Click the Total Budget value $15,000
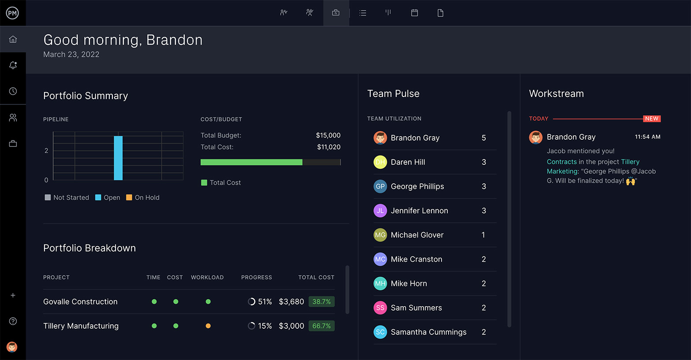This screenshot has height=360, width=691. coord(328,135)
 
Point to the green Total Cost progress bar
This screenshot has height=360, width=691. coord(251,162)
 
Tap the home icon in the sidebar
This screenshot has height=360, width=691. coord(13,39)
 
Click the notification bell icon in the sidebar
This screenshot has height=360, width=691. coord(13,65)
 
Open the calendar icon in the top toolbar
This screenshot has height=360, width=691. coord(414,13)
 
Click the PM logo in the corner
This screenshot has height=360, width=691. coord(12,13)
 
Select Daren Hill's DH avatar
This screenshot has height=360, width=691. coord(380,162)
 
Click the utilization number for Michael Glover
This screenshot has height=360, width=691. coord(483,235)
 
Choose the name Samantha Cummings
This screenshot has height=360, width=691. coord(428,332)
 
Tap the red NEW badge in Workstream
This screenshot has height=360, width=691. coord(651,119)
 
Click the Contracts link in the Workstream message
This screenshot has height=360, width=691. coord(561,162)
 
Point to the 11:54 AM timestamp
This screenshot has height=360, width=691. coord(647,137)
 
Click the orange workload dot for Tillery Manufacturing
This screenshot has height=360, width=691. coord(208,326)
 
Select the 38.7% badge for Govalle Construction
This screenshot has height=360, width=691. coord(321,301)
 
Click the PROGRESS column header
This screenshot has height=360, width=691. coord(256,277)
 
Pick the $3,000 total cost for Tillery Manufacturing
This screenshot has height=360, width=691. coord(291,326)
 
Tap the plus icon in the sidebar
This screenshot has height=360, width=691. coord(13,295)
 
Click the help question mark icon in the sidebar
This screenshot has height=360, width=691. coord(13,321)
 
